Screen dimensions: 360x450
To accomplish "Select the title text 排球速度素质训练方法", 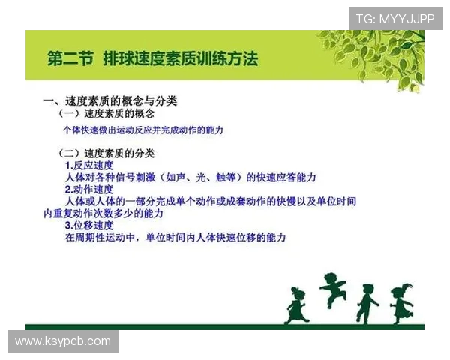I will tap(181, 58).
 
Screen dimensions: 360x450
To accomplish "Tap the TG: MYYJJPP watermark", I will tap(394, 18).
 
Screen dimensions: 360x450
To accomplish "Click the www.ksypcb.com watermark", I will tap(62, 341).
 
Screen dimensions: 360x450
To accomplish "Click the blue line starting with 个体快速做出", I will tap(143, 130).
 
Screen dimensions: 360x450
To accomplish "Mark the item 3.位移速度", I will tap(89, 225).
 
